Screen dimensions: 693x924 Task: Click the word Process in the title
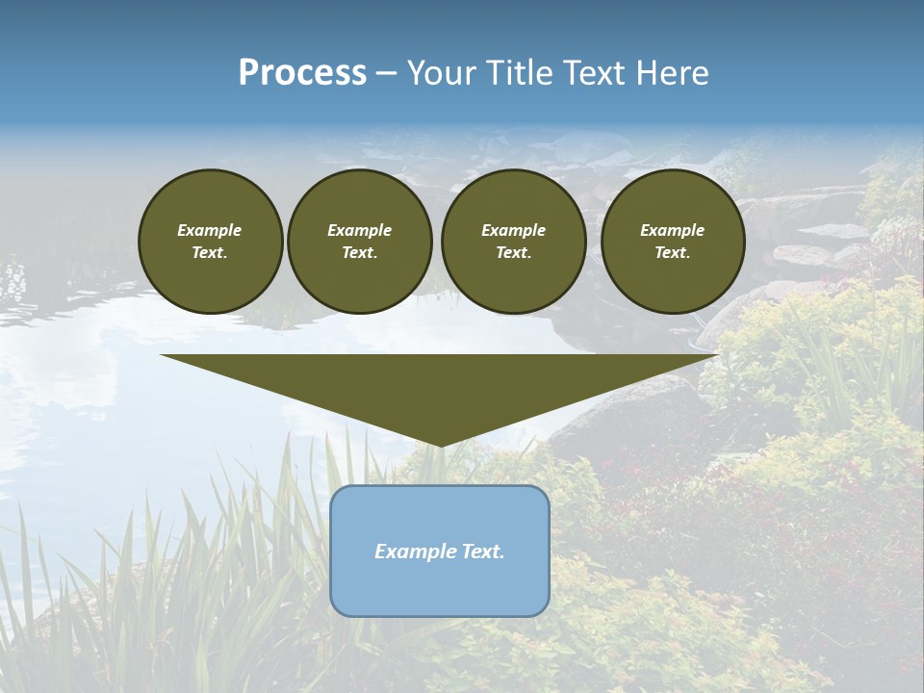[x=302, y=73]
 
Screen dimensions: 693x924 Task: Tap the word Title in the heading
[x=520, y=73]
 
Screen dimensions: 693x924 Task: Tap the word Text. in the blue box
[x=481, y=552]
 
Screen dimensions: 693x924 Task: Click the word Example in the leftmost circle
[x=210, y=230]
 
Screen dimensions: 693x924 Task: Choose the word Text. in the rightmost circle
[x=672, y=252]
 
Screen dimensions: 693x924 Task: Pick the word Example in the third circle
[x=513, y=230]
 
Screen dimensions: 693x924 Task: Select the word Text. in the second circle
[x=359, y=252]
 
